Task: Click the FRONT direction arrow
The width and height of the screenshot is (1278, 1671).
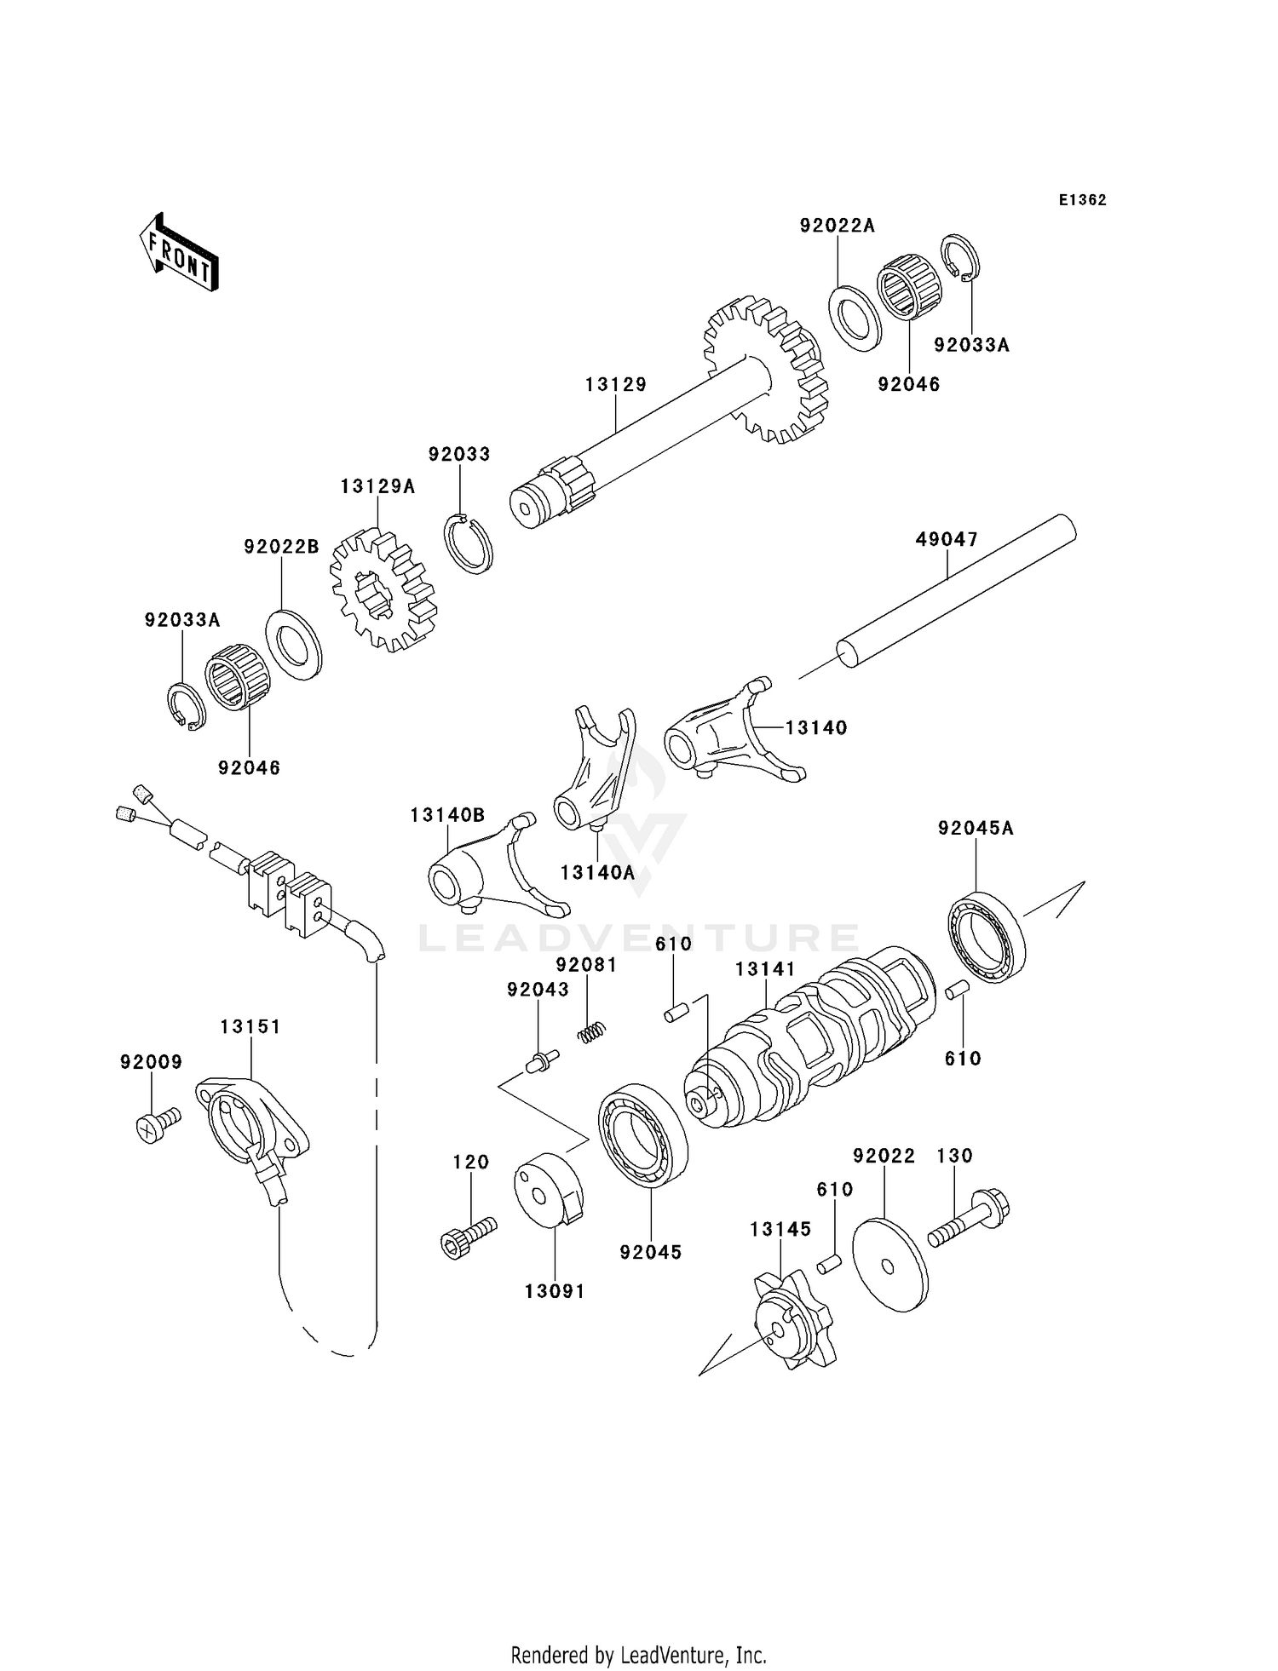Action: click(x=180, y=253)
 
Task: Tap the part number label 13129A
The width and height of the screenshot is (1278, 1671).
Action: click(x=377, y=486)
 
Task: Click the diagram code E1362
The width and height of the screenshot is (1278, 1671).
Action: click(x=1082, y=200)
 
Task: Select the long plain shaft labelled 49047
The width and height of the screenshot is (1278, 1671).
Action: click(x=954, y=596)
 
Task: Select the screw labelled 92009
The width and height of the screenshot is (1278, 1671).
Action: click(x=158, y=1124)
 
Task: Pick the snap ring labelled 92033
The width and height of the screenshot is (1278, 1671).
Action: click(x=470, y=544)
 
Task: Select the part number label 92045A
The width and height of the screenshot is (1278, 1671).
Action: click(x=976, y=828)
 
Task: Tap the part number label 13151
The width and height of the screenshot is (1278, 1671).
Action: click(x=250, y=1026)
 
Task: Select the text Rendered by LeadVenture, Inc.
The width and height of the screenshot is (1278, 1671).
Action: click(x=638, y=1655)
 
